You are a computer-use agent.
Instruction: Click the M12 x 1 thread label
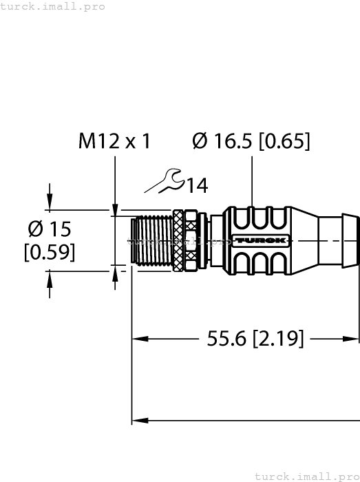click(114, 141)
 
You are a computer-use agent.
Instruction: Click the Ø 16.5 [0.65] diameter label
click(251, 141)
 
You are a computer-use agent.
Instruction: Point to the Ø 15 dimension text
click(49, 229)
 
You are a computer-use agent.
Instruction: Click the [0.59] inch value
click(49, 253)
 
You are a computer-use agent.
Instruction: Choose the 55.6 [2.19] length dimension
click(255, 338)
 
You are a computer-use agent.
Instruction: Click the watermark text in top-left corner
click(53, 6)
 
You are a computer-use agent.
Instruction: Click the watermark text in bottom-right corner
click(306, 476)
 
